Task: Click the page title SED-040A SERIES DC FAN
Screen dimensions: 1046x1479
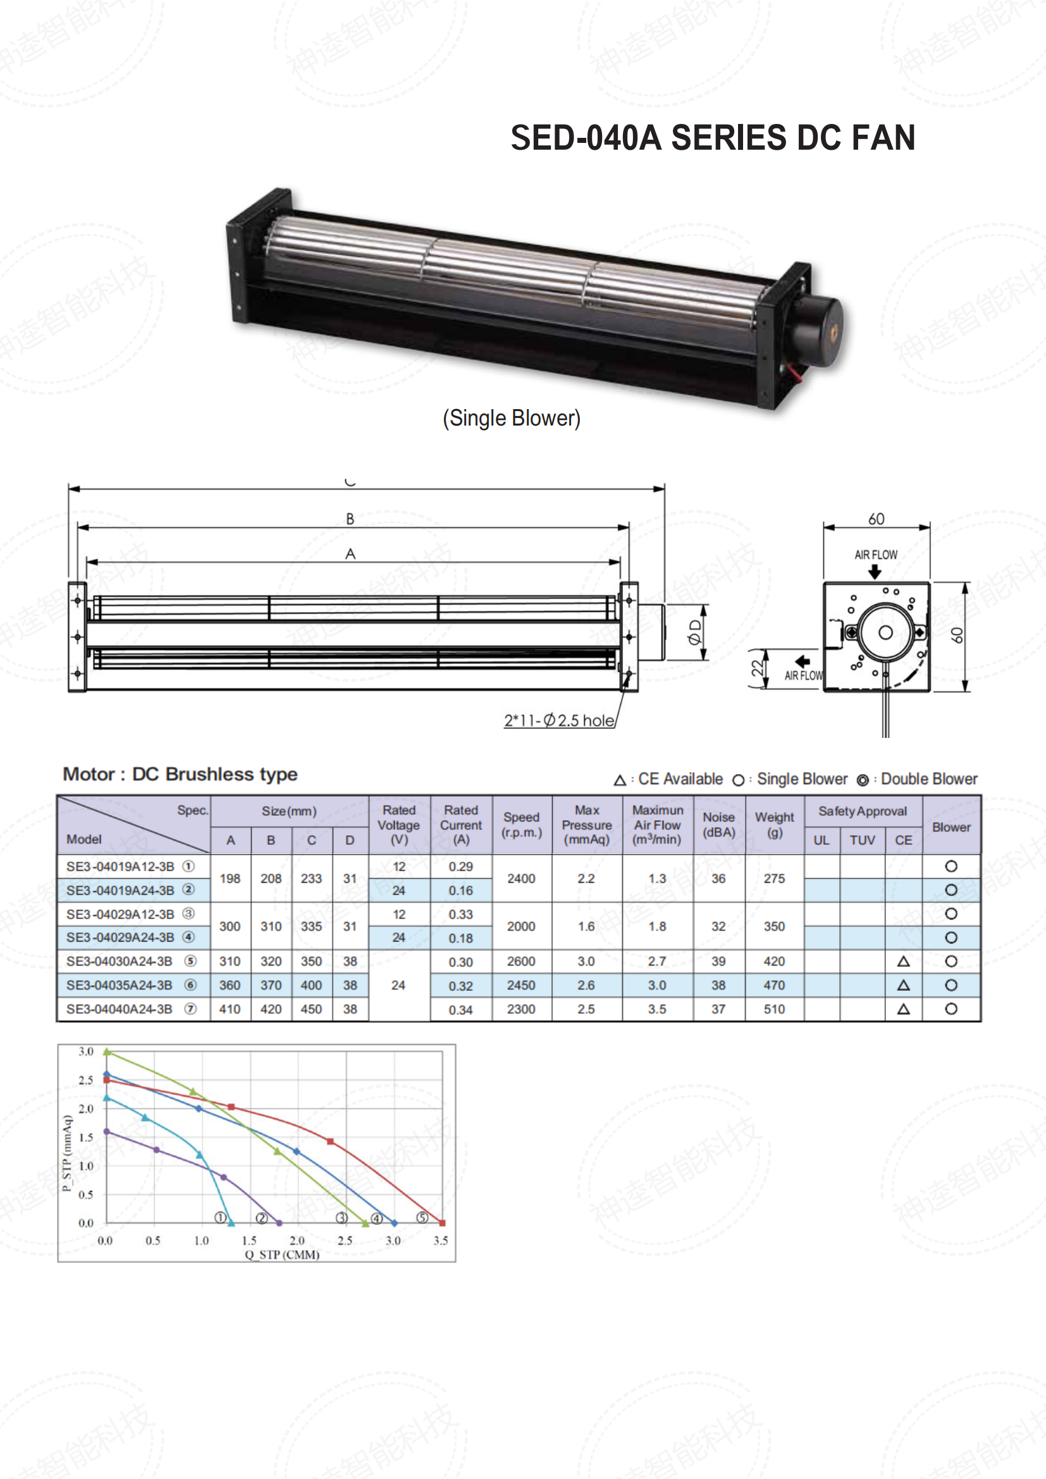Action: [x=712, y=138]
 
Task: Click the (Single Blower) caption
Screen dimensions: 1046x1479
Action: [x=512, y=418]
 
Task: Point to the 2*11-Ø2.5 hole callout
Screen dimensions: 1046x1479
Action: [x=558, y=720]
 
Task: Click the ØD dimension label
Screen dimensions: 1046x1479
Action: [x=694, y=632]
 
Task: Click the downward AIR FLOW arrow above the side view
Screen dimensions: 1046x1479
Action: [x=875, y=572]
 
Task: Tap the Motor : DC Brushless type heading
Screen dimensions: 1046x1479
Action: [x=180, y=775]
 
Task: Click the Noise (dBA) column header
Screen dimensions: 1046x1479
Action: [x=719, y=825]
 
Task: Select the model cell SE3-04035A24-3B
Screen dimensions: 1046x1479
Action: [x=119, y=985]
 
